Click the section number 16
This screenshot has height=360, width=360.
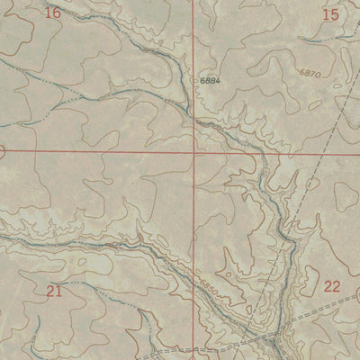[x=52, y=13]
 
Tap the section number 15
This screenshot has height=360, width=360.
[x=330, y=13]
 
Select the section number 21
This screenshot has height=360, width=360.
[x=54, y=290]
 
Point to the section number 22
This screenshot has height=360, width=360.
[x=332, y=286]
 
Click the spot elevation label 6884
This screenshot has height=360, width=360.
[x=211, y=81]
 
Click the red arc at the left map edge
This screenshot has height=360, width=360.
[x=3, y=151]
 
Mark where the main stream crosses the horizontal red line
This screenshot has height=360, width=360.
[x=256, y=152]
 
